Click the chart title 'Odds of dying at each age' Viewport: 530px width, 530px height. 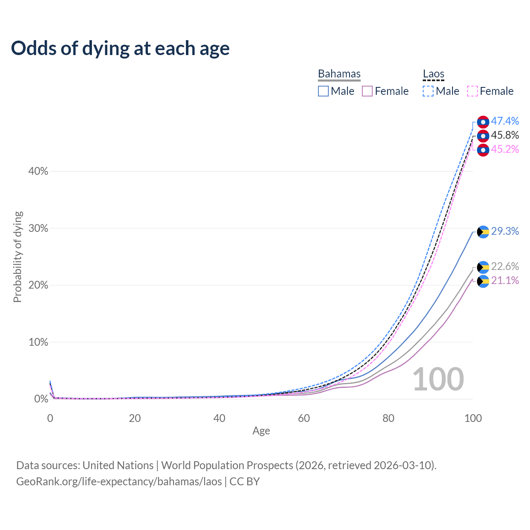[120, 48]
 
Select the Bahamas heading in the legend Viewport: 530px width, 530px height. [339, 74]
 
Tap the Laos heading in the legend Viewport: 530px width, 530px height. [434, 74]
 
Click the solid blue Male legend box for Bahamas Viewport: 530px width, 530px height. [323, 91]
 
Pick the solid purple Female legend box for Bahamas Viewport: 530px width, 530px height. [367, 91]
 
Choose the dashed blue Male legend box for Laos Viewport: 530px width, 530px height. [428, 91]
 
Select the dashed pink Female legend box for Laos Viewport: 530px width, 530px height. [472, 91]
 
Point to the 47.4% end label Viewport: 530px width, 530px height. [505, 121]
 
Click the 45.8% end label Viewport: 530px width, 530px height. [505, 135]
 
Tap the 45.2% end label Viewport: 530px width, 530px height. [505, 149]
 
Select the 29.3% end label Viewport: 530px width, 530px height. [505, 231]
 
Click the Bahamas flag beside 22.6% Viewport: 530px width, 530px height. [483, 267]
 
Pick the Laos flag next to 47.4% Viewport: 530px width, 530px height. [483, 122]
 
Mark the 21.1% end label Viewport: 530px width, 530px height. [505, 280]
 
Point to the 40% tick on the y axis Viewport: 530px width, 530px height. [38, 171]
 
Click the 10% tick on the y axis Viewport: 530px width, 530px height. [38, 342]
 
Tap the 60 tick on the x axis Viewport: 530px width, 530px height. [304, 418]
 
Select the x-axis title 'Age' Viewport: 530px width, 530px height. [261, 431]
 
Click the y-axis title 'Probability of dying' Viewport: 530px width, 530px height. [17, 257]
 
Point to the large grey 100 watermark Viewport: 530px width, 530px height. [438, 379]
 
